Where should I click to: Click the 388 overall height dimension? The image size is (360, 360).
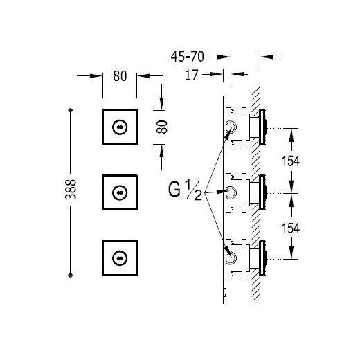pos(71,190)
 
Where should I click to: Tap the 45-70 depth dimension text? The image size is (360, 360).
pos(188,57)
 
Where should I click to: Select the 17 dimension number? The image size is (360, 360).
pos(192,75)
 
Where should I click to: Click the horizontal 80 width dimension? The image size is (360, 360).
pos(120,76)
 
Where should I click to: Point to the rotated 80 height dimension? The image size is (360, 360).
pos(162,127)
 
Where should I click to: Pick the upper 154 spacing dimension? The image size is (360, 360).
pos(291,161)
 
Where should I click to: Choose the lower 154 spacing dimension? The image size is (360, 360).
pos(291,228)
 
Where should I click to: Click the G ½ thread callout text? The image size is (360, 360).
pos(186,190)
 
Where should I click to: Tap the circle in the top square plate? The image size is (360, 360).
pos(120,127)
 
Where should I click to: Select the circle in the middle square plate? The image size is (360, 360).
pos(120,192)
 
